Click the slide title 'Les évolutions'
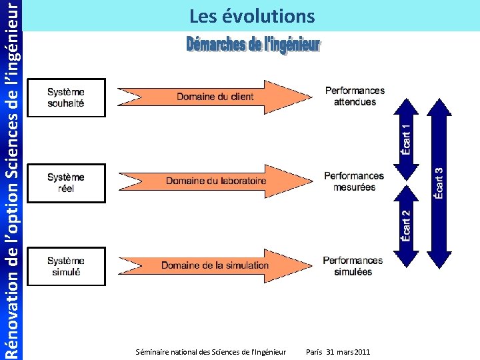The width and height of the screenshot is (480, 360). click(251, 15)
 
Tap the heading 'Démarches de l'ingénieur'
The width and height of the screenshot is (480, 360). click(253, 45)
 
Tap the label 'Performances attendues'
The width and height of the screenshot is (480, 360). click(355, 96)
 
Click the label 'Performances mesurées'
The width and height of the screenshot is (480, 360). click(354, 181)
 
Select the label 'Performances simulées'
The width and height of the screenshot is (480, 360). click(353, 266)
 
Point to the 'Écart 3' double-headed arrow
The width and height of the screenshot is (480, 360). click(439, 183)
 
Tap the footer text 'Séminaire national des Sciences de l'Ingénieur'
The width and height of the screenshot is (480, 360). click(210, 351)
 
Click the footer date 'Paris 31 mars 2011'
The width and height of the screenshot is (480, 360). click(337, 351)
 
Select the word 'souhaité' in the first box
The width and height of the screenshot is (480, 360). click(66, 103)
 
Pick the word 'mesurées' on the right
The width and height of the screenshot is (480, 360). click(354, 187)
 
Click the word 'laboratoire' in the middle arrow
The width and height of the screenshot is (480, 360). click(240, 181)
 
